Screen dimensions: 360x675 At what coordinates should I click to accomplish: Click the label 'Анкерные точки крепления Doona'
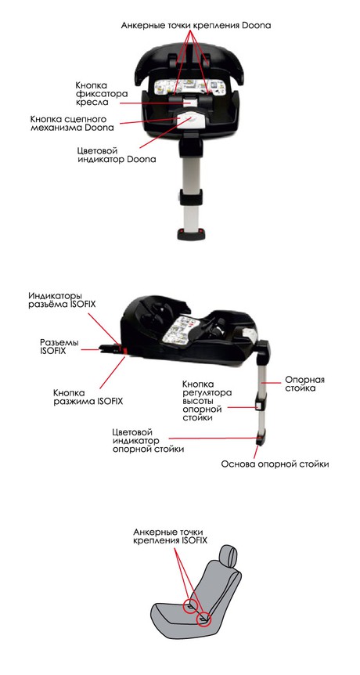(196, 25)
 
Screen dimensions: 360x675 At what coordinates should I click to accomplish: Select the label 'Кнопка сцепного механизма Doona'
(72, 123)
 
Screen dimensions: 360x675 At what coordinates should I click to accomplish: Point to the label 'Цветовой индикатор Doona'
(116, 155)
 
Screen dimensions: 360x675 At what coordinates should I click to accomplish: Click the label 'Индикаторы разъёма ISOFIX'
(62, 300)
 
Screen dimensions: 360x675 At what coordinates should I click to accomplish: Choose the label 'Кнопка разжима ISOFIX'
(88, 397)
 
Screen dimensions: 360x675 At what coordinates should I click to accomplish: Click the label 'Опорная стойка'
(305, 384)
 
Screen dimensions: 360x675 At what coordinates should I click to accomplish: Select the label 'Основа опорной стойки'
(275, 464)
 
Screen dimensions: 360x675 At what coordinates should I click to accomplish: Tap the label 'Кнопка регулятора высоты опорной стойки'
(207, 400)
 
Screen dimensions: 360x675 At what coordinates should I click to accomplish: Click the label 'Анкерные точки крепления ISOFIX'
(171, 536)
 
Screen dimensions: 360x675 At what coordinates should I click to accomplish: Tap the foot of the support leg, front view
(190, 234)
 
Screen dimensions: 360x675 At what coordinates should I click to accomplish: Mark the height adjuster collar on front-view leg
(190, 198)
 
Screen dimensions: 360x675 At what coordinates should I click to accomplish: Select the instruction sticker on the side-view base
(177, 329)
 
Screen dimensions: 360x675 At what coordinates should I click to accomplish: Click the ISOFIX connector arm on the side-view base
(111, 348)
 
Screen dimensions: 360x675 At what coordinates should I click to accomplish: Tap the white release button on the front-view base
(189, 118)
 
